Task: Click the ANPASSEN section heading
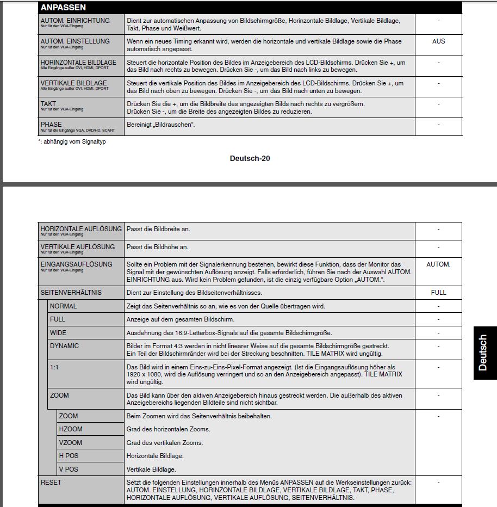coord(63,8)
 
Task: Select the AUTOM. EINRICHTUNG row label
coord(74,21)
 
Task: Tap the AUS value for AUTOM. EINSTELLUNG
coord(438,41)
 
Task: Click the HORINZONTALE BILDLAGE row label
coord(78,63)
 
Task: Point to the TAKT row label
coord(48,103)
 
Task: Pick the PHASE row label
coord(51,125)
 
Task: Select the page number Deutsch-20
coord(250,159)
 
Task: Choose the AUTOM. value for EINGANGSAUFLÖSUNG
coord(438,264)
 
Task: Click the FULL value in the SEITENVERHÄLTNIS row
coord(438,293)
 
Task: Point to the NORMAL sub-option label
coord(63,306)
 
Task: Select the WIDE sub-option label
coord(58,332)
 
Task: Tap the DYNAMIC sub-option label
coord(64,346)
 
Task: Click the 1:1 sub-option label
coord(54,367)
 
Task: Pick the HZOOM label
coord(71,429)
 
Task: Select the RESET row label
coord(51,483)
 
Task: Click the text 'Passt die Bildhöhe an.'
coord(158,247)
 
